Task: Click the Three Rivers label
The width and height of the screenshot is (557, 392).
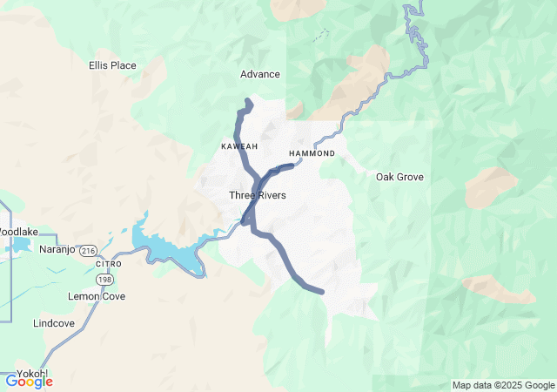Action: [258, 195]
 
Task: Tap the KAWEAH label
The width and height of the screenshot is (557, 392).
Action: [239, 146]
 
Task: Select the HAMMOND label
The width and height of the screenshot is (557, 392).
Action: [312, 153]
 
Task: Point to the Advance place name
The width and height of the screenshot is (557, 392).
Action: [260, 74]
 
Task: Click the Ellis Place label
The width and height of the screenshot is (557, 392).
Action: [113, 65]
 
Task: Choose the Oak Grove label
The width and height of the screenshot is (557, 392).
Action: [399, 177]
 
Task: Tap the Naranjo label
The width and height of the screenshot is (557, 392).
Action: [59, 249]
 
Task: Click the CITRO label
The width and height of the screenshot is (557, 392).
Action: [109, 263]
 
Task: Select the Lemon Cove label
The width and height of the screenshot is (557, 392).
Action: [97, 296]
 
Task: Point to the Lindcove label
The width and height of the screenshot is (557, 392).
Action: [55, 322]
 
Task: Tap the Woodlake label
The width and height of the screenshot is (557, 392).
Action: [17, 233]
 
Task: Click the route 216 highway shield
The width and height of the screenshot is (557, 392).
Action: [88, 250]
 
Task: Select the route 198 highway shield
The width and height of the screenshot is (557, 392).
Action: [105, 280]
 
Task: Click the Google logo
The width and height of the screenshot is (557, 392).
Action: [29, 381]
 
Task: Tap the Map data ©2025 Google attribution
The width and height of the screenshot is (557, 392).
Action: [503, 385]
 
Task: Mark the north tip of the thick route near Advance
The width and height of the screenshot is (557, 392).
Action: [249, 103]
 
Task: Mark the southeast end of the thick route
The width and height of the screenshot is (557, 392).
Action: [322, 292]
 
